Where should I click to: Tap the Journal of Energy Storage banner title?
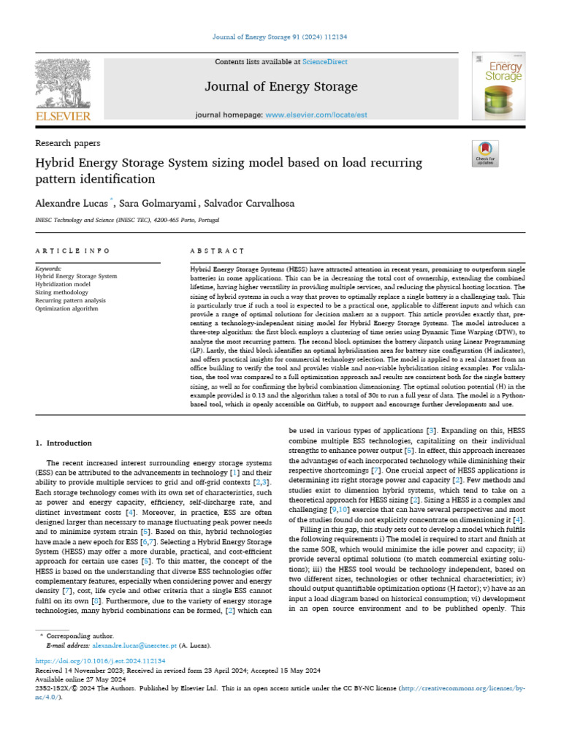280,87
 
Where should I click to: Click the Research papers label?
68,143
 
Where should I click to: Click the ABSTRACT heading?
217,251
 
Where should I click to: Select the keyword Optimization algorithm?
66,308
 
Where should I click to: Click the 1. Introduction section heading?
64,443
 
